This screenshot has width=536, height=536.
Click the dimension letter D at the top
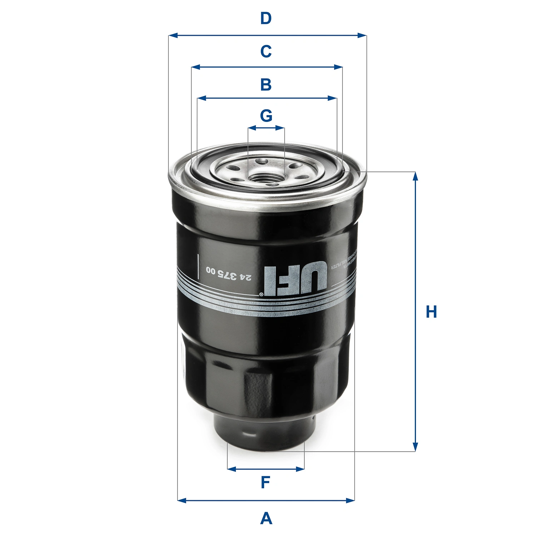266,18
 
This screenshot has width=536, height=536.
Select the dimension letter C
266,51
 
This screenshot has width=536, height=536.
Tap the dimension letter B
266,85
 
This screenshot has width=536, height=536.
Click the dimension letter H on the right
431,312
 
